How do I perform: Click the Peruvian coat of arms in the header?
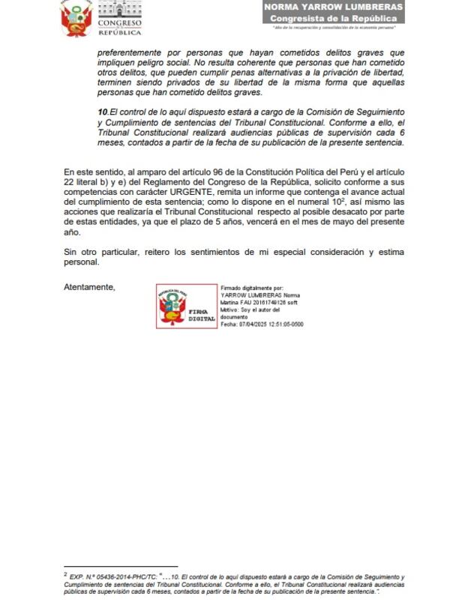(x=75, y=18)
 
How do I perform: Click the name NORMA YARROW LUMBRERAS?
(x=333, y=7)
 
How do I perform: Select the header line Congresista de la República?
(x=333, y=17)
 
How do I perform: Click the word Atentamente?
(x=89, y=286)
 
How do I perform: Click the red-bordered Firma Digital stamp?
(x=186, y=307)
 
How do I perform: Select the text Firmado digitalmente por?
(x=251, y=288)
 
